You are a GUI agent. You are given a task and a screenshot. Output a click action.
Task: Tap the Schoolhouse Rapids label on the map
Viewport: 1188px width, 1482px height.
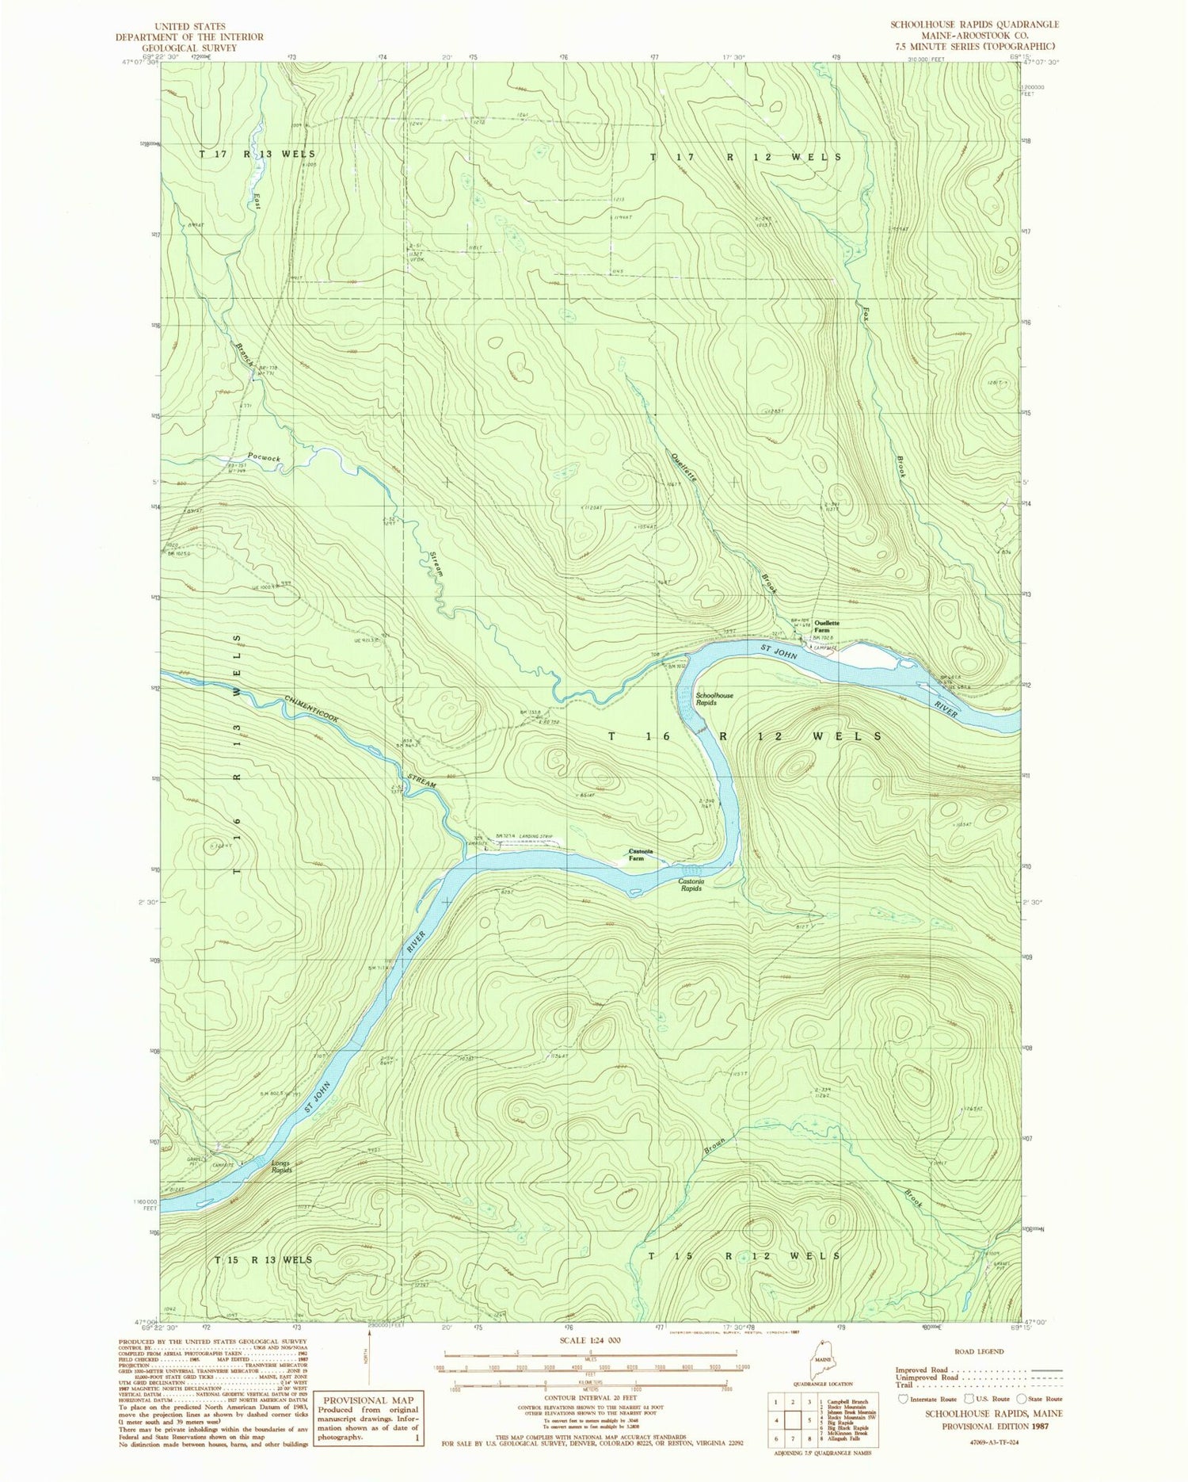point(714,699)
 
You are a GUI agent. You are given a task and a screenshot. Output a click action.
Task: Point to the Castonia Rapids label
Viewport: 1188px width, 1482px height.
point(691,884)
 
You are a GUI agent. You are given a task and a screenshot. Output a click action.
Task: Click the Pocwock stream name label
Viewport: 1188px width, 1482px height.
point(264,459)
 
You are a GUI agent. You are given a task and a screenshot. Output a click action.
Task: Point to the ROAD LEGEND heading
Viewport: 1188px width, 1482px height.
point(980,1351)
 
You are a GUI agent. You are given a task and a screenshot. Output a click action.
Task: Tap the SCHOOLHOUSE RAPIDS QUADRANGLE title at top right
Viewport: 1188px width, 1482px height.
point(963,25)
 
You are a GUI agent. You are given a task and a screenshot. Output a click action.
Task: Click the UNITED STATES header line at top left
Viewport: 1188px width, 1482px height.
point(190,26)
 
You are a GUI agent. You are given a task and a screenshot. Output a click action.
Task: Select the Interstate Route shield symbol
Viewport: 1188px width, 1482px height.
point(903,1399)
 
